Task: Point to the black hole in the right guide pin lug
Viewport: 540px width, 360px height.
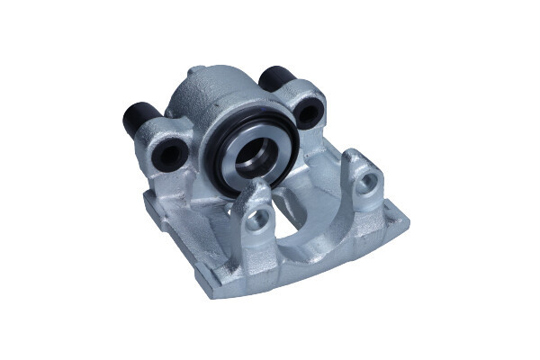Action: (308, 112)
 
